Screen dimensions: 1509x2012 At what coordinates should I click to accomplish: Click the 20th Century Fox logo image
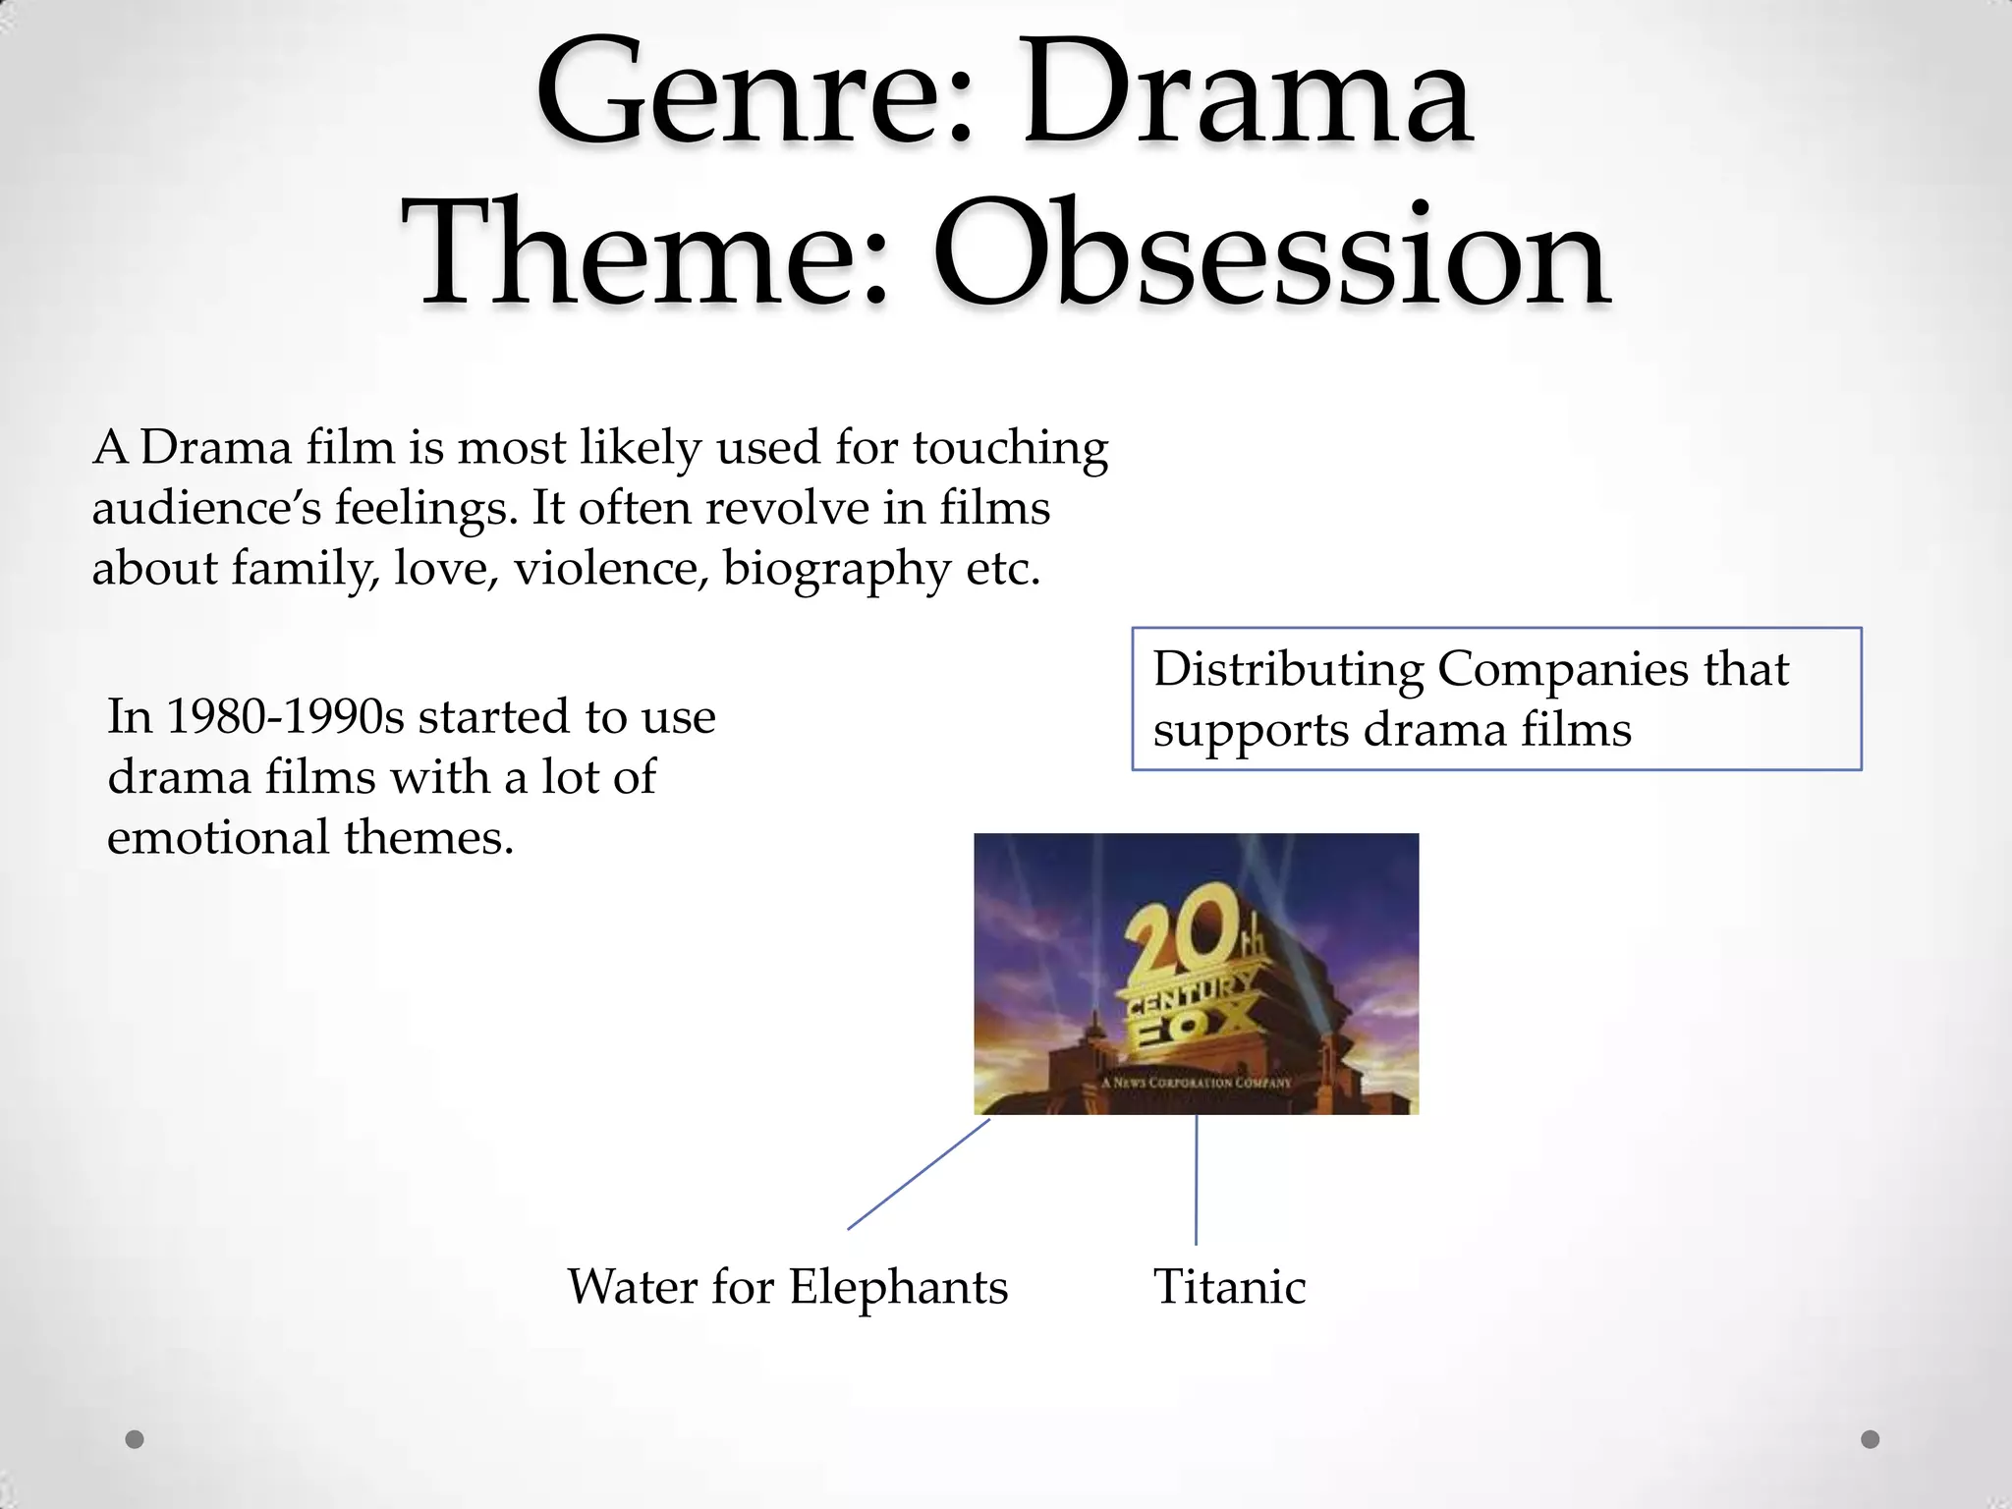(1196, 973)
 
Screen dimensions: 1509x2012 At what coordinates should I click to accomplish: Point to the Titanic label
(1229, 1287)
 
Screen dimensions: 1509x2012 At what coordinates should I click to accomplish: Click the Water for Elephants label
(787, 1287)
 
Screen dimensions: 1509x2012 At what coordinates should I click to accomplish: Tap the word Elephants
(898, 1287)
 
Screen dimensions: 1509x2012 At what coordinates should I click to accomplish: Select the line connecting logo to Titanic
(1196, 1179)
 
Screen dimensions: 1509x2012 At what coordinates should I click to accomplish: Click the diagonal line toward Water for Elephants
(919, 1174)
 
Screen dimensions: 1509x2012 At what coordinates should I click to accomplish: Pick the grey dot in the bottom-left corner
(135, 1439)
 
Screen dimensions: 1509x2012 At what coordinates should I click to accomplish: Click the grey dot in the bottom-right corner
(1871, 1439)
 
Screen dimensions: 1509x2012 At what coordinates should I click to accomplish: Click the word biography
(835, 570)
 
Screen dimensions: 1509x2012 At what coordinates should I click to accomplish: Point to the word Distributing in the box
(1288, 670)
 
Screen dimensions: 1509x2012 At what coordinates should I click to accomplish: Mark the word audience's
(206, 509)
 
